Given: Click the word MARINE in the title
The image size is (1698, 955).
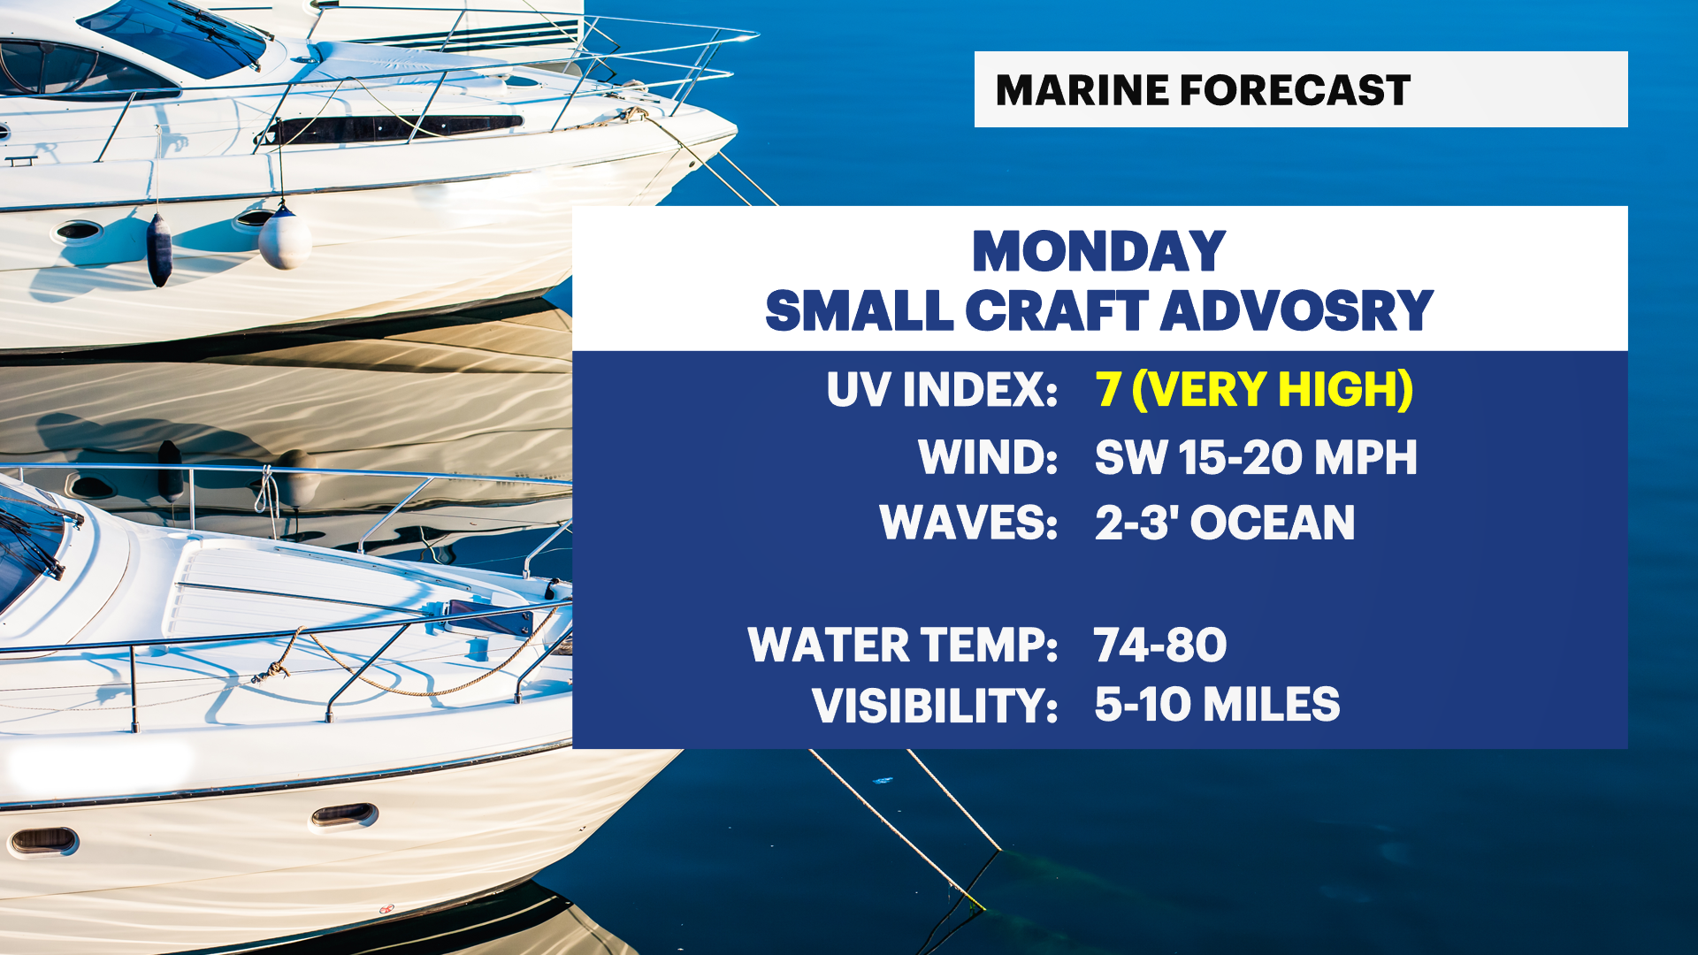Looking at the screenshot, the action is (1081, 90).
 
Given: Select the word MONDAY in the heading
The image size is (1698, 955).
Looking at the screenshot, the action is (1098, 251).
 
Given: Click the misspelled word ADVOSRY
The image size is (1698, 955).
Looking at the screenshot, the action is (1296, 310).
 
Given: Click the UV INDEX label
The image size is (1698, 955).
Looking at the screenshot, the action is (942, 389).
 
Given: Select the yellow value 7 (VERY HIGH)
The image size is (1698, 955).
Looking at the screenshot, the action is (1254, 389).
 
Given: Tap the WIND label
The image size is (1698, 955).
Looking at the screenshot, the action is (988, 457).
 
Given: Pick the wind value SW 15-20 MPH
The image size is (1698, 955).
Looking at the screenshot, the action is (1256, 457).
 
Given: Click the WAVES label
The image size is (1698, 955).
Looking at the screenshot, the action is (968, 523).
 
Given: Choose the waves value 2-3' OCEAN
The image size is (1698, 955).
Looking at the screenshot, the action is (1225, 523).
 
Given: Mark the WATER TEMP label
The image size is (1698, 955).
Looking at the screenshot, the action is (903, 645).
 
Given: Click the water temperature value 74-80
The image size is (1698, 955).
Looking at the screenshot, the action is (1160, 645).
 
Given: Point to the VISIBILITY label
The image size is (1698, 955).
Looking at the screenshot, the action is (935, 706).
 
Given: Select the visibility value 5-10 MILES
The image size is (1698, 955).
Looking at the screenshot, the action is (1218, 705).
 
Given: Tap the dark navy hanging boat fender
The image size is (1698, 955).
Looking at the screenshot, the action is (159, 249).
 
